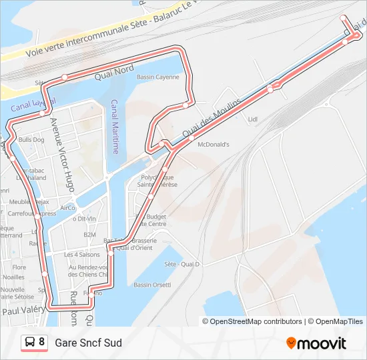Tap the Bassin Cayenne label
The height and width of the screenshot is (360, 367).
point(157,77)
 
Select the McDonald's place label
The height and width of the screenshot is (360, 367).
point(214,144)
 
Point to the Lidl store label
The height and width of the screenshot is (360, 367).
point(252,120)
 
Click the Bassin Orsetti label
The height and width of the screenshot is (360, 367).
point(152,285)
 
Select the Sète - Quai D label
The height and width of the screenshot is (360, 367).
point(181,263)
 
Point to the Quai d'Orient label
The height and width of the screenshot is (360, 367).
point(133,248)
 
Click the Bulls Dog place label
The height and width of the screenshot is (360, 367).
point(31,140)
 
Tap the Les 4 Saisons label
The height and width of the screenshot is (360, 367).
point(81,255)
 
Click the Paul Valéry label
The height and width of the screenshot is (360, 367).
point(23,311)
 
